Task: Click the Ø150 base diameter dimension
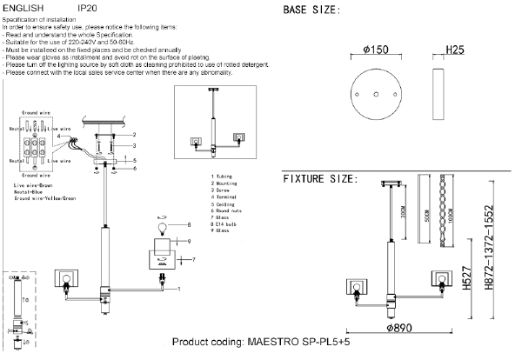tap(372, 50)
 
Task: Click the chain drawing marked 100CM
tap(449, 213)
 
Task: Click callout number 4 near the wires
tap(58, 137)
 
